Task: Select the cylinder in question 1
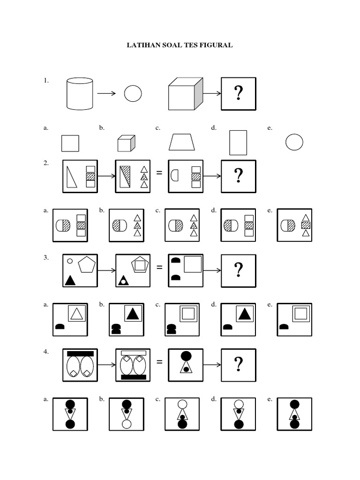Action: coord(80,94)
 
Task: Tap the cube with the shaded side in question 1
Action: coord(185,94)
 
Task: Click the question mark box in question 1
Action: coord(239,94)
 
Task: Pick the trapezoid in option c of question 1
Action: coord(182,142)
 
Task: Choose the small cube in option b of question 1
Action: coord(126,143)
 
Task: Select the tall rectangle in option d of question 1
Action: coord(238,142)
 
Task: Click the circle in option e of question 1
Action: coord(294,142)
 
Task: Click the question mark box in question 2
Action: coord(239,176)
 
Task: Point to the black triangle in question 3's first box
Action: coord(70,280)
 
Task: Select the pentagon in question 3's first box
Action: coord(87,265)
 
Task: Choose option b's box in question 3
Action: coord(126,320)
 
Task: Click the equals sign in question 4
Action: coord(159,362)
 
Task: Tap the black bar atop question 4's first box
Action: coord(80,353)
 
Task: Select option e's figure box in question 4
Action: coord(294,414)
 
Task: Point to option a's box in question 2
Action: coord(70,225)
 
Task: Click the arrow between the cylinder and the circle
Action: coord(106,94)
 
